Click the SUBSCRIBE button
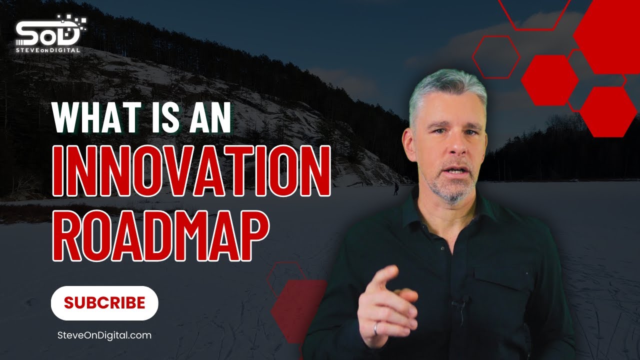tap(104, 303)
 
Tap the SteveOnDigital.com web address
tap(104, 335)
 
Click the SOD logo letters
tap(48, 34)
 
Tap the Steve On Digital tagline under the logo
tap(48, 50)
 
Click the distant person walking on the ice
tap(396, 188)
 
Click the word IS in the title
tap(157, 119)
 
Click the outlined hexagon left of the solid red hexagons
tap(496, 57)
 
